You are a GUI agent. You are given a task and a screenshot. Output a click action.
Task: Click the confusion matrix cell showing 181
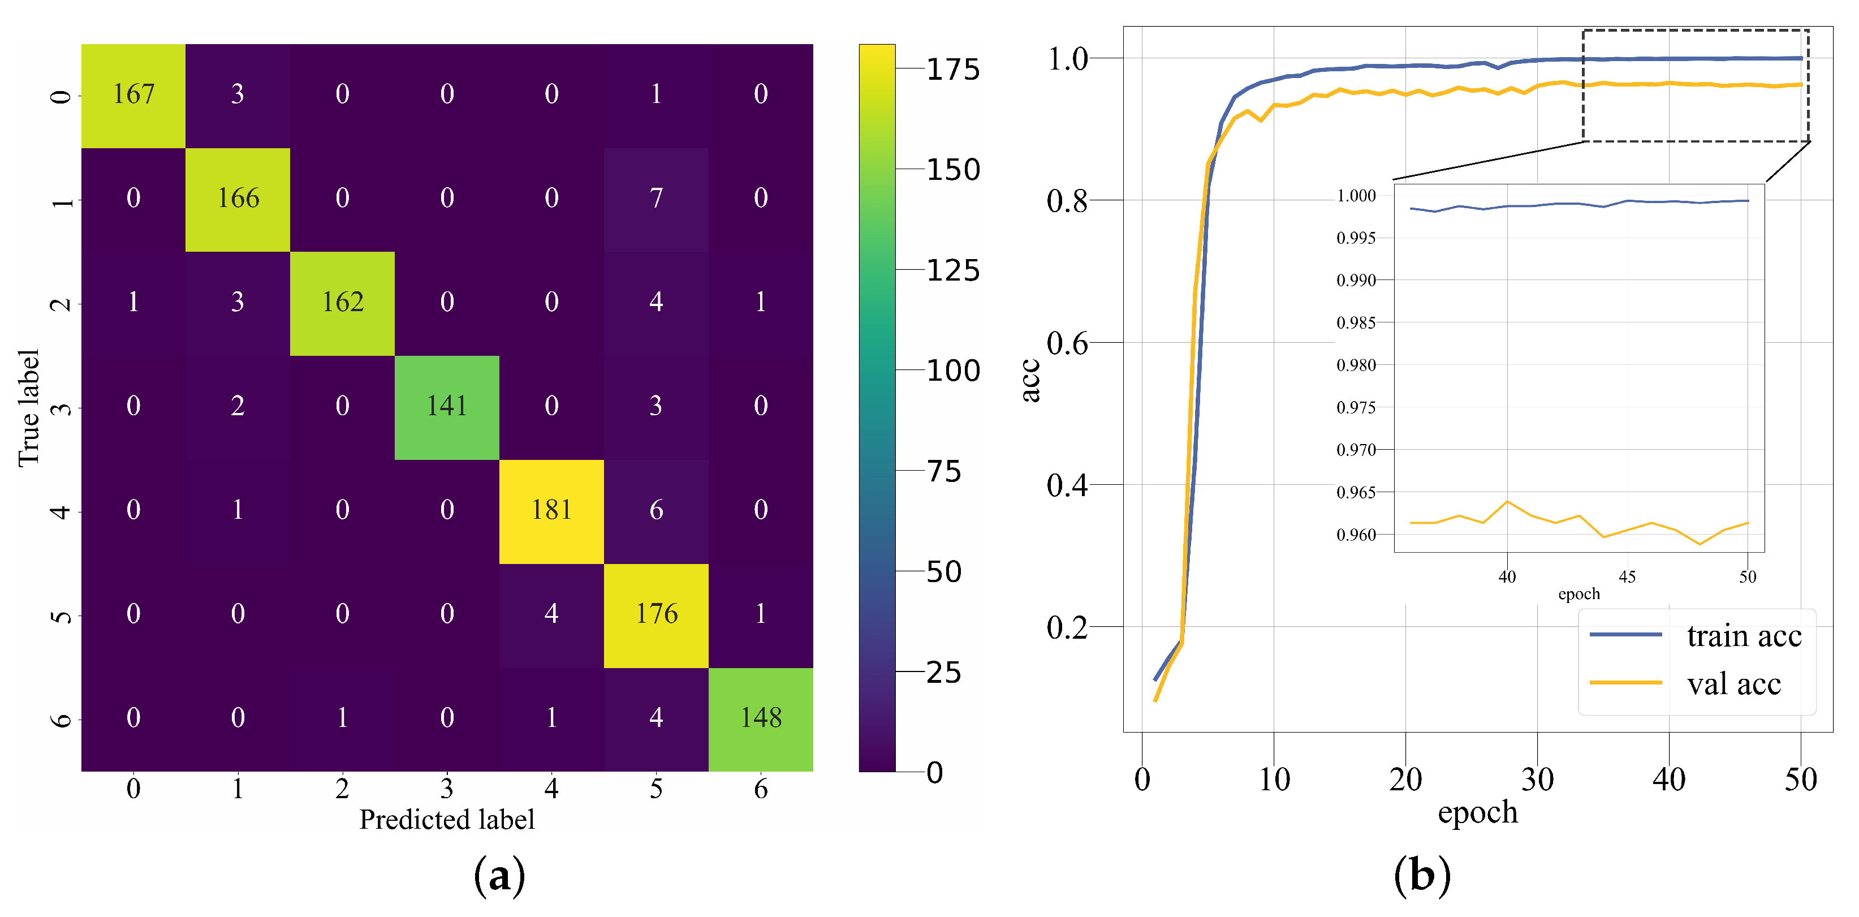(551, 510)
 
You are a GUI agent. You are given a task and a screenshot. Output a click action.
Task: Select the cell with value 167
(133, 94)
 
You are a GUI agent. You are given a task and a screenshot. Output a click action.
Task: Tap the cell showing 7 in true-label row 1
(656, 199)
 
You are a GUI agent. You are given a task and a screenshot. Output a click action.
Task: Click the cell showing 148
(761, 718)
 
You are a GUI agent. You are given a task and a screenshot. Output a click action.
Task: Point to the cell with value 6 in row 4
(656, 510)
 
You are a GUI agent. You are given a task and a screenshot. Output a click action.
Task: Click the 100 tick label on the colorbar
(952, 371)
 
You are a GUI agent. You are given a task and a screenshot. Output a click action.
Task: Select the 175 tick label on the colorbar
(952, 70)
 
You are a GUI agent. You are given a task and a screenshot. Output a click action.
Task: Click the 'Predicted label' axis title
(447, 820)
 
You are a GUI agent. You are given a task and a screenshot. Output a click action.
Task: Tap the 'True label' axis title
(29, 408)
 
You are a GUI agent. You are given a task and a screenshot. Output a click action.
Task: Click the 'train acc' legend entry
(1744, 636)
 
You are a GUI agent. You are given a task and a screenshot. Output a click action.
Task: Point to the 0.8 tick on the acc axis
(1067, 201)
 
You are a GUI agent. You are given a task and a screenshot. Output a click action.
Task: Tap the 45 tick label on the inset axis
(1627, 577)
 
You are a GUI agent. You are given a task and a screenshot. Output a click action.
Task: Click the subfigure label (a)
(499, 876)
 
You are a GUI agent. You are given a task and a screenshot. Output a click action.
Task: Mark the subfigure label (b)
(1421, 876)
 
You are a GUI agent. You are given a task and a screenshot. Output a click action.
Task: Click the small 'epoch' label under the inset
(1578, 594)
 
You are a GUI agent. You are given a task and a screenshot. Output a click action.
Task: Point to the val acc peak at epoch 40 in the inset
(1507, 502)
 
